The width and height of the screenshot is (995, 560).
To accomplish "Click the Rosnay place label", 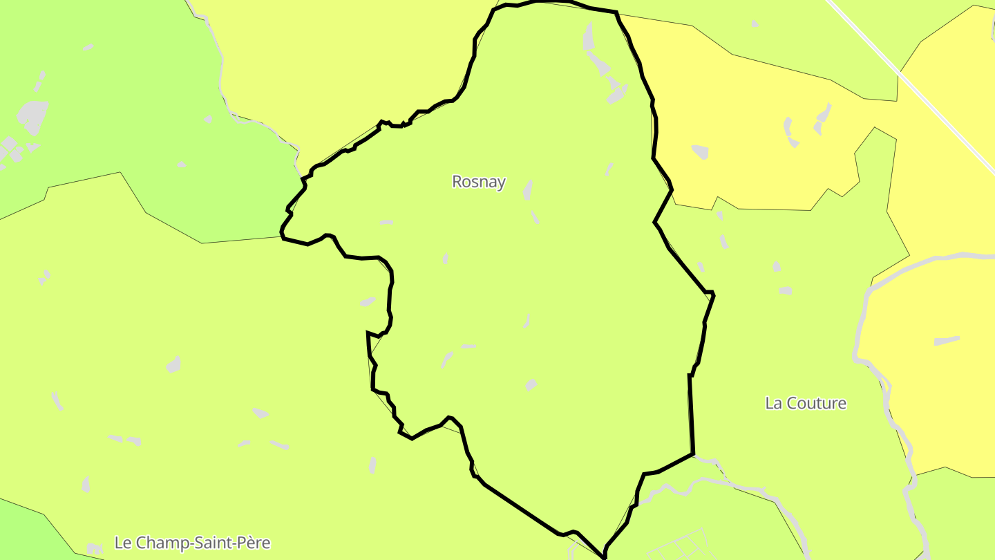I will [478, 182].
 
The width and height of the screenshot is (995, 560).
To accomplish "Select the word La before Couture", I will [773, 403].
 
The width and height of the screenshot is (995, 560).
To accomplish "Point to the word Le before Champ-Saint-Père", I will [122, 543].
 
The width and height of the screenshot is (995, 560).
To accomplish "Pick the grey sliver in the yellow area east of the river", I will [947, 340].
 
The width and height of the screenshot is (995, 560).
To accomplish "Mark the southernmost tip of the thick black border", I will [605, 556].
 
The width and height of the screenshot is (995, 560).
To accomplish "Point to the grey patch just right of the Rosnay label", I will [528, 189].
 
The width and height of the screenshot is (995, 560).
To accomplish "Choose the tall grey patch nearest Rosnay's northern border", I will [589, 36].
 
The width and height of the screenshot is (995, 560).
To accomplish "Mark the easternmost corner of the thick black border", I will [714, 295].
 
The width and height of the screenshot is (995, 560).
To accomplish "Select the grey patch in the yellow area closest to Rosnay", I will [699, 151].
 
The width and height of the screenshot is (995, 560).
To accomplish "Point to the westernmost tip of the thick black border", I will [282, 237].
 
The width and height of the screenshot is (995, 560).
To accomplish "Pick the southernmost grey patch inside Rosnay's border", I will [531, 384].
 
